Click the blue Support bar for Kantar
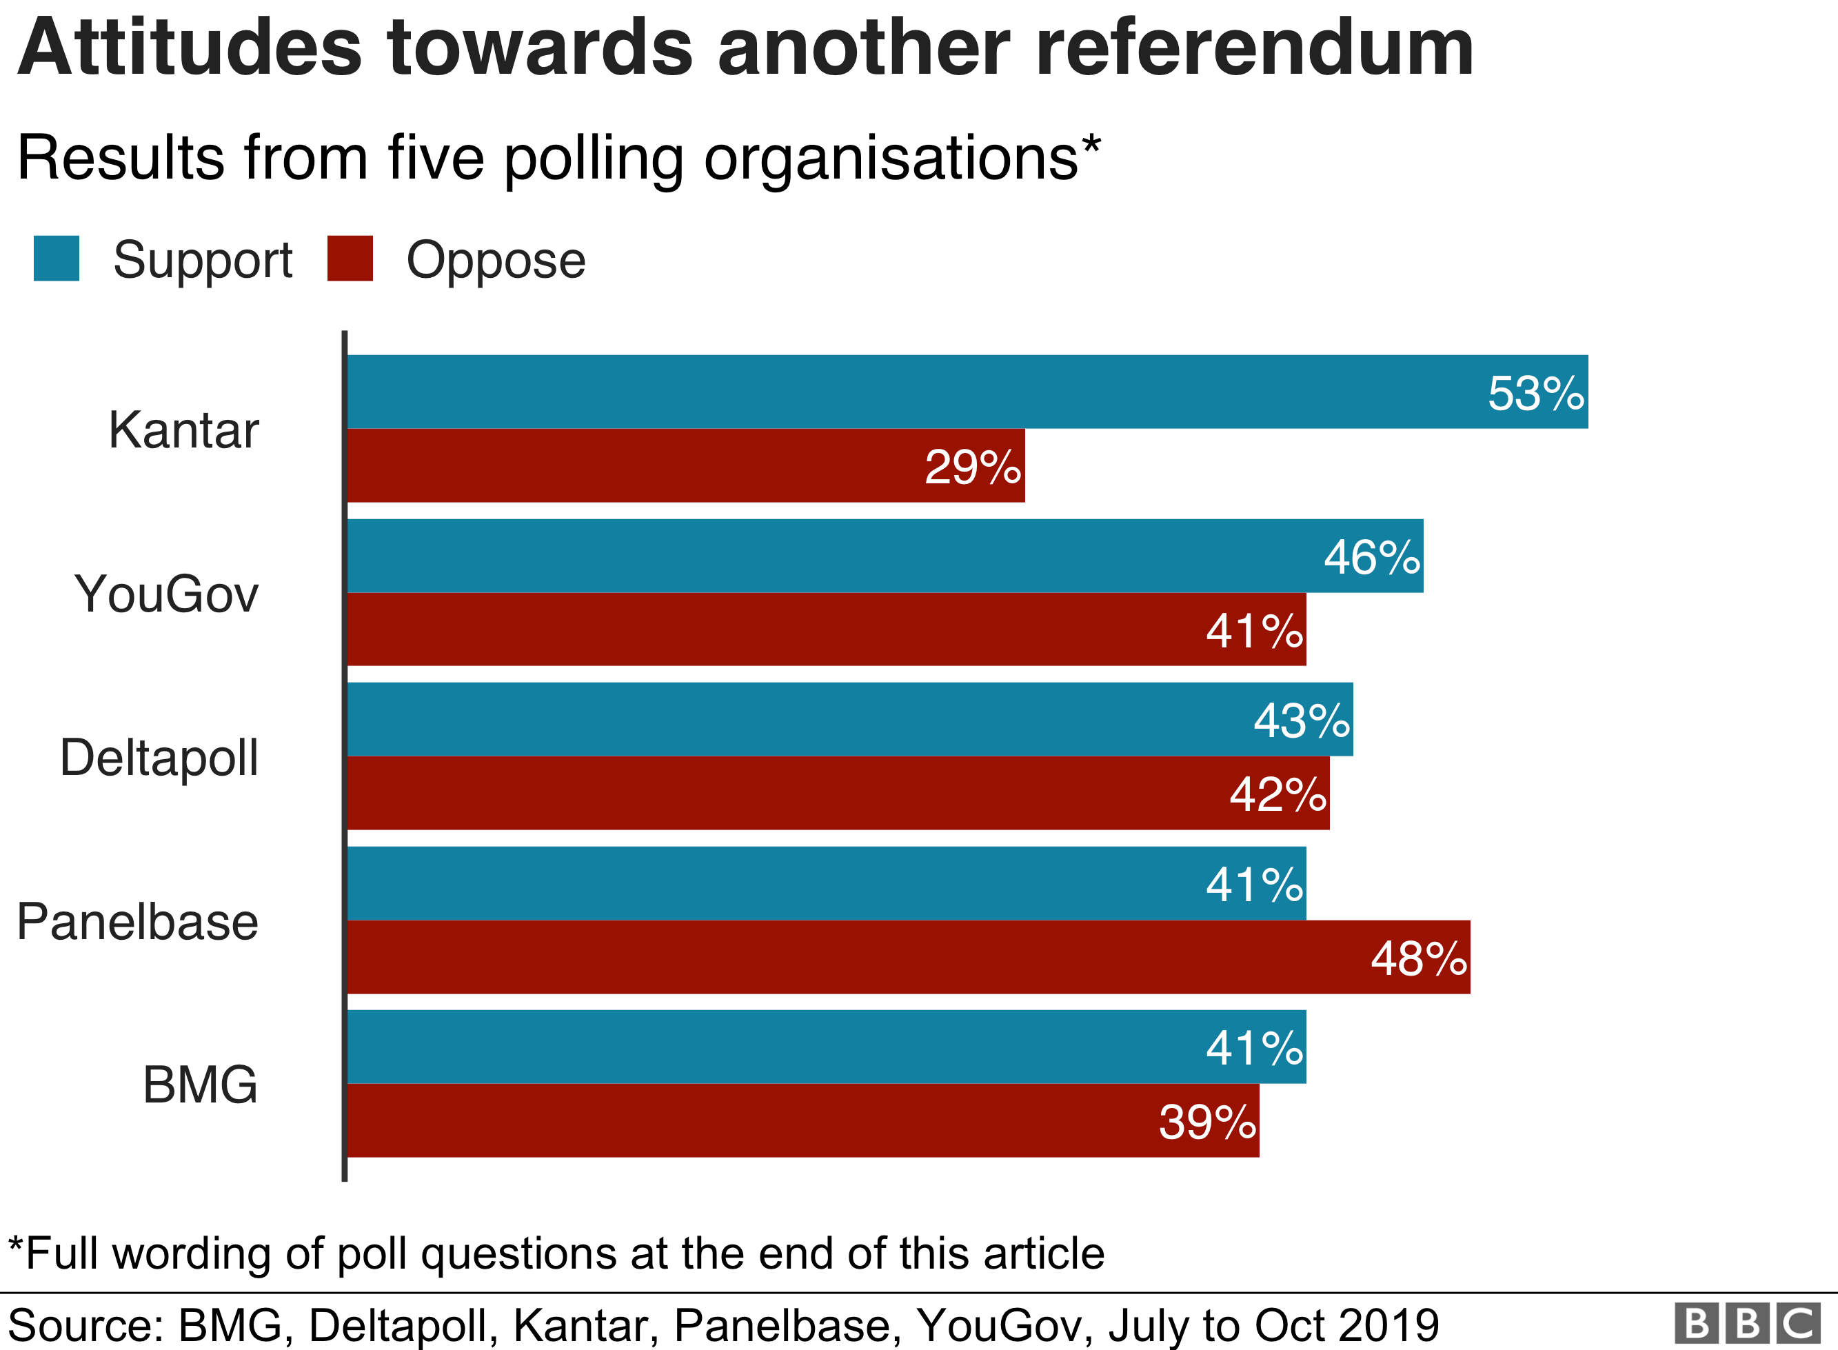(898, 392)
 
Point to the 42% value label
(1278, 794)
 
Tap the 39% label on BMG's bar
(1207, 1122)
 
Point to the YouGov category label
(167, 594)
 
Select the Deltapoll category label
(159, 758)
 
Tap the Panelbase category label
(137, 922)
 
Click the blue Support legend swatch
(57, 259)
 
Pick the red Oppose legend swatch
(350, 259)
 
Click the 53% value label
(1536, 394)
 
